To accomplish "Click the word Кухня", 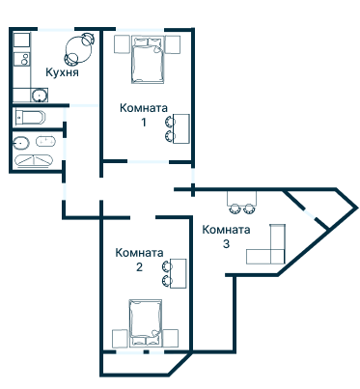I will coord(62,72).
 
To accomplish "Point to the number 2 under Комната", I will coord(139,267).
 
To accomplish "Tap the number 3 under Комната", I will coord(226,244).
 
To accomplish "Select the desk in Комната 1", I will coord(181,128).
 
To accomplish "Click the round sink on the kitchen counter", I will coord(38,95).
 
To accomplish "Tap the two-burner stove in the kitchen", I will coord(19,60).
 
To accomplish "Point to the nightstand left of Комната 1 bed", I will coord(120,44).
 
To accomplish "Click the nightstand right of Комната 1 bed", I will coord(174,44).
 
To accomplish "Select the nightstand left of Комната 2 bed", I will coord(120,338).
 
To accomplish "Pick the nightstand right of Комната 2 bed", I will coord(173,338).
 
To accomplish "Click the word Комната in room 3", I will coord(227,230).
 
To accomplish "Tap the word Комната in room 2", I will coord(139,253).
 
